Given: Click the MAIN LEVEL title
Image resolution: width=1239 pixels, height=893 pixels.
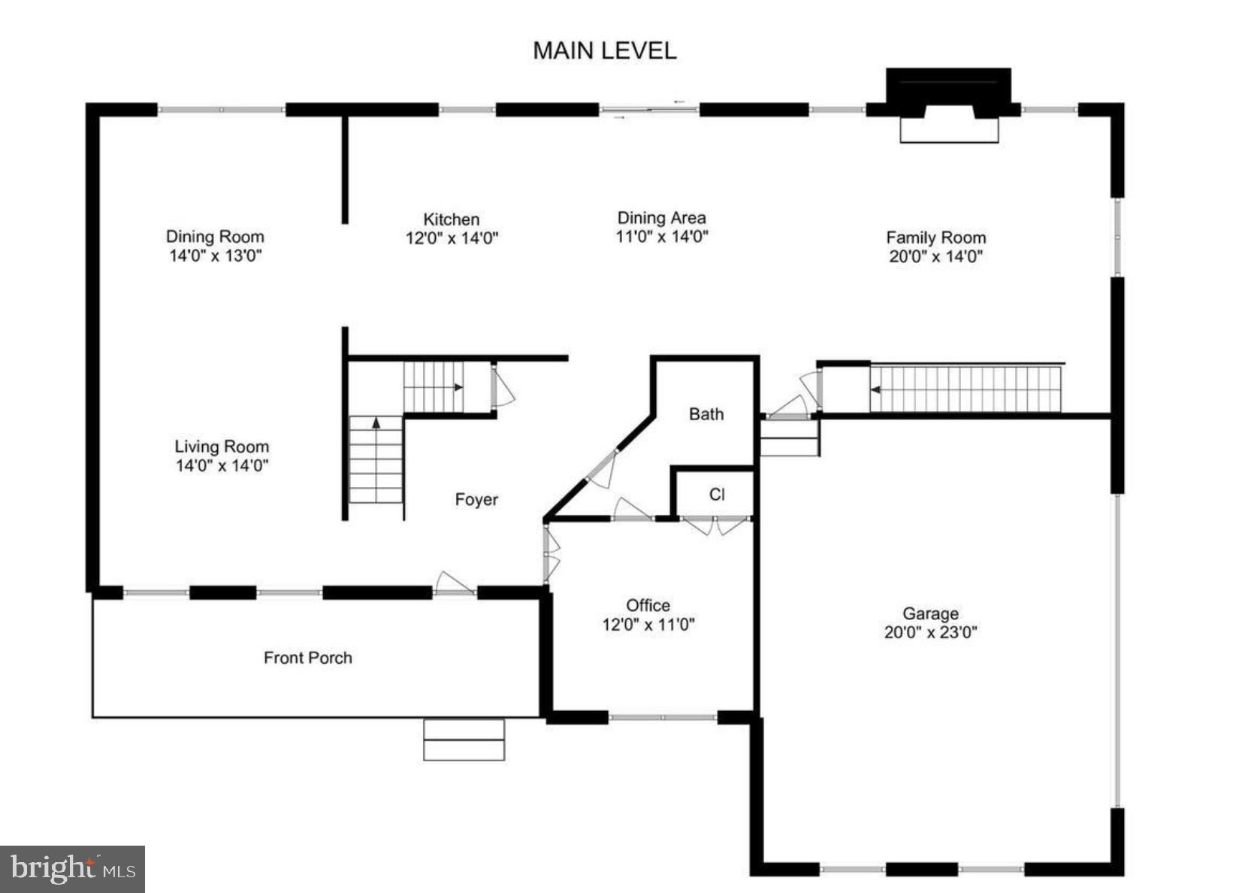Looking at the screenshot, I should tap(604, 50).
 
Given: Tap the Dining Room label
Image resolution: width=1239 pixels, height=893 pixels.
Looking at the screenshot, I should tap(215, 237).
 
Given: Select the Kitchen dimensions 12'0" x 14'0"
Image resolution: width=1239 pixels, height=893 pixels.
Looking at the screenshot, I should tap(452, 238).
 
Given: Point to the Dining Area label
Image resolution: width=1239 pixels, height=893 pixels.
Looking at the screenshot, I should tap(661, 218).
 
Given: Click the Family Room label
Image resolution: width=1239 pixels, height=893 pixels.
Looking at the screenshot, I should tap(935, 238).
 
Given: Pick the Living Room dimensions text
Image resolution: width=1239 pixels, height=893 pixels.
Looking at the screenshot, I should tap(222, 465).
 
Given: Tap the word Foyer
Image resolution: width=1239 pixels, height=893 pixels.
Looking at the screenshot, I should tap(476, 500).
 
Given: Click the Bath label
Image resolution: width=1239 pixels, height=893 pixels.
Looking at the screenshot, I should tap(706, 414).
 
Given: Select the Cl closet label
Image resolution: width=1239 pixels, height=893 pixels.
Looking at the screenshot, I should tap(717, 494).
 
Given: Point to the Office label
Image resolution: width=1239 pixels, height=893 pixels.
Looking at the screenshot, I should tap(648, 605).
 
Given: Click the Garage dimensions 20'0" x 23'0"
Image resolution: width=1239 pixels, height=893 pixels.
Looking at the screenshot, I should tap(930, 632).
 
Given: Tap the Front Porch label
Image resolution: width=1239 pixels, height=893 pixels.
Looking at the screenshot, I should tap(307, 658).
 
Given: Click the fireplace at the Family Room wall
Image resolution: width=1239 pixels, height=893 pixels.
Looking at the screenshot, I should tap(949, 105).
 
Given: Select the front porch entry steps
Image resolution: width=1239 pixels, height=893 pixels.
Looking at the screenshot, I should tap(464, 740).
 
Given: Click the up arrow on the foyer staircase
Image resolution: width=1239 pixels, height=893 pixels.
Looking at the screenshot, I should tap(376, 423).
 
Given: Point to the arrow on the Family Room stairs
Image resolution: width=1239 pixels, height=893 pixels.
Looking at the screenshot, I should tap(875, 389).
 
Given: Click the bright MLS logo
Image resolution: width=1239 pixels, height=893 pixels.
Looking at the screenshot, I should tap(73, 869).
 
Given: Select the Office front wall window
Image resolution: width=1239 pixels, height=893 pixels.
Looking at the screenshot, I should tap(663, 718).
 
